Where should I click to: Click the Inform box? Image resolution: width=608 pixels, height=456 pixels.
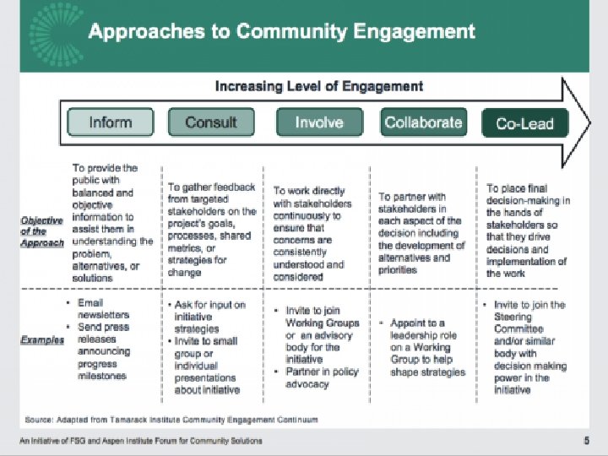111,122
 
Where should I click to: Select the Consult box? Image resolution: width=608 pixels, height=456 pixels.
211,122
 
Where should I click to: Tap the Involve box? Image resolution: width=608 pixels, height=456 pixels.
318,122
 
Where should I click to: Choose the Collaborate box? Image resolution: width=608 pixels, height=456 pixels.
423,122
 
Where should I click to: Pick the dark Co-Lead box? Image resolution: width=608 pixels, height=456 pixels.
524,123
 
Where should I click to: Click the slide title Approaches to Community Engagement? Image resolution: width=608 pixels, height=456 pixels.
281,32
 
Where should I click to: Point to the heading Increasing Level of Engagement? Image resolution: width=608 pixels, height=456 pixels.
319,86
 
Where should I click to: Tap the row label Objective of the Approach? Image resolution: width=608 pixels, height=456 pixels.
42,231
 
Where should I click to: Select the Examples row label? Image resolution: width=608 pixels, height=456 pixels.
42,340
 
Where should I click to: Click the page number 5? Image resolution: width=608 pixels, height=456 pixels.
587,441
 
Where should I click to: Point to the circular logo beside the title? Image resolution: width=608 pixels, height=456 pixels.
53,32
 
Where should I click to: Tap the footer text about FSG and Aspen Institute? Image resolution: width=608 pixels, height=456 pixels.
141,441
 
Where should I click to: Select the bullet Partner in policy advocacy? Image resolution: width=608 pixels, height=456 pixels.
322,377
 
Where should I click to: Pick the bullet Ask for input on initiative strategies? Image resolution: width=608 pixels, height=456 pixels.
209,317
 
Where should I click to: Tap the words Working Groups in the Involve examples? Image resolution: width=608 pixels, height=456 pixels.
322,323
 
